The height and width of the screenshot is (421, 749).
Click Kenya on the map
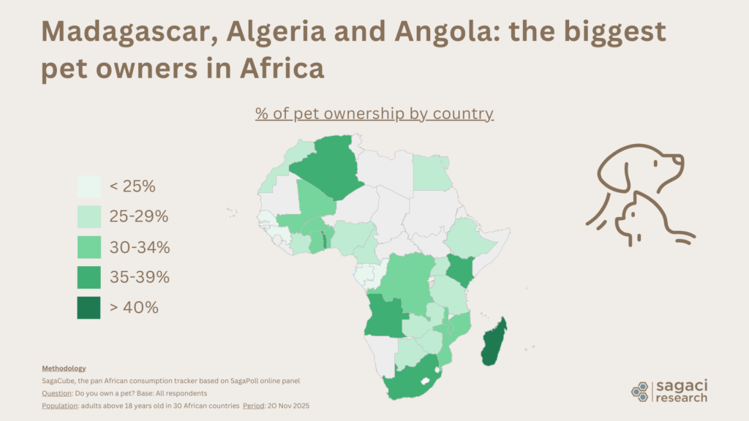pos(459,270)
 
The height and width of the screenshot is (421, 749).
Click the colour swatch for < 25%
pos(89,186)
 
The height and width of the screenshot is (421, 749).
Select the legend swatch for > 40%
pos(89,308)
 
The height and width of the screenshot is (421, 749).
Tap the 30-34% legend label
pos(140,247)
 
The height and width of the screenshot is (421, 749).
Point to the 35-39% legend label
pos(140,277)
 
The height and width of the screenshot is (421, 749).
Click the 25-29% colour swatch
pos(89,217)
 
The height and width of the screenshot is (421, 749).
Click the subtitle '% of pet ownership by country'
pos(374,114)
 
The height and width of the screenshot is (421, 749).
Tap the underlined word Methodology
pos(64,368)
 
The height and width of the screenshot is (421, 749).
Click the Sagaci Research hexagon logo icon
pos(640,390)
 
